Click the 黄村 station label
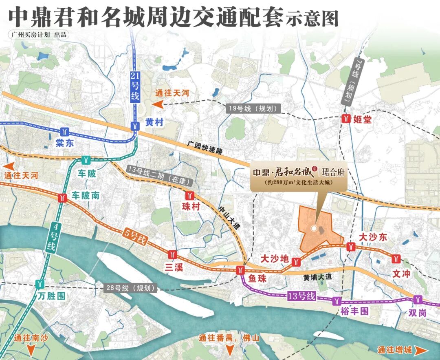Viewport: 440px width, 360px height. tap(155, 121)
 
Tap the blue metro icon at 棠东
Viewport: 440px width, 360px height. tap(65, 131)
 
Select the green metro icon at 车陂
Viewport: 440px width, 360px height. tap(86, 160)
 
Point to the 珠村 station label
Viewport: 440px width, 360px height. tap(191, 207)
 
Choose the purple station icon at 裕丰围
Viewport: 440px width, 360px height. tap(337, 301)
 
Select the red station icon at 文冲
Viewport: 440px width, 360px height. tap(396, 258)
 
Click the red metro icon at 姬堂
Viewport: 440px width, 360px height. tap(346, 119)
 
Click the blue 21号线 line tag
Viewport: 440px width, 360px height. tap(135, 86)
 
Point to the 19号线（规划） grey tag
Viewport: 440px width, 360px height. tap(254, 109)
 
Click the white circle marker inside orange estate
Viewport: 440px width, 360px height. tap(314, 228)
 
